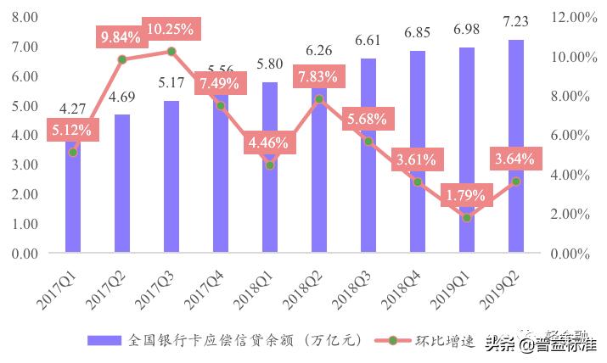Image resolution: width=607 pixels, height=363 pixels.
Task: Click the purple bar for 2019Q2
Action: pyautogui.click(x=515, y=146)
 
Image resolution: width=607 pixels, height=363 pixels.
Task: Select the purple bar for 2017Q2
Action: pyautogui.click(x=122, y=183)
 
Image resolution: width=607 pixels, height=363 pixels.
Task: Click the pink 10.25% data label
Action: pyautogui.click(x=171, y=29)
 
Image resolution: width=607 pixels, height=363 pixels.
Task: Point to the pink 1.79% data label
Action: pyautogui.click(x=466, y=196)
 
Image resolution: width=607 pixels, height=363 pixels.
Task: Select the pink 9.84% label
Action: pyautogui.click(x=122, y=37)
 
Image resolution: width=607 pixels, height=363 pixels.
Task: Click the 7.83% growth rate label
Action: pyautogui.click(x=319, y=77)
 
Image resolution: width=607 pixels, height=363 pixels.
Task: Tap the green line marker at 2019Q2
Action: pyautogui.click(x=515, y=181)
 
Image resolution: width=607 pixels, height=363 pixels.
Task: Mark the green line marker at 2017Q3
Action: pyautogui.click(x=171, y=52)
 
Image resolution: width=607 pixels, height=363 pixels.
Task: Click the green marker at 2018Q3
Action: pyautogui.click(x=368, y=141)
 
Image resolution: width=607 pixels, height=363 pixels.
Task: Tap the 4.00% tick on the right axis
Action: pyautogui.click(x=570, y=175)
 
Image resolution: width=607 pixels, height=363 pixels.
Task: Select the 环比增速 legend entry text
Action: pyautogui.click(x=445, y=340)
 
